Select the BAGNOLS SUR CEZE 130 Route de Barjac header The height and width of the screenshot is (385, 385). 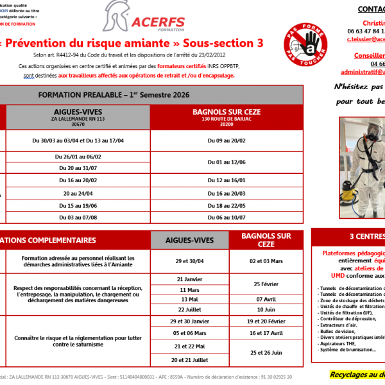(x=226, y=115)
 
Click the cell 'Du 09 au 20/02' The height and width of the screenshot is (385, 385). (x=226, y=139)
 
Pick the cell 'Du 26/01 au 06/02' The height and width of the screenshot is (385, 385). (x=78, y=157)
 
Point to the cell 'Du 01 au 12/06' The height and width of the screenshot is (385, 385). (x=226, y=162)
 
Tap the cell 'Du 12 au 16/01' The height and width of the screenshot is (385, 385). (x=226, y=180)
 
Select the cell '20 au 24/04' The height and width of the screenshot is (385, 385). (x=78, y=193)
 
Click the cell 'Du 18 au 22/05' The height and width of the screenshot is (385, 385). (x=226, y=205)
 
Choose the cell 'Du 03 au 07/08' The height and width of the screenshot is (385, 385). (x=78, y=218)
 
